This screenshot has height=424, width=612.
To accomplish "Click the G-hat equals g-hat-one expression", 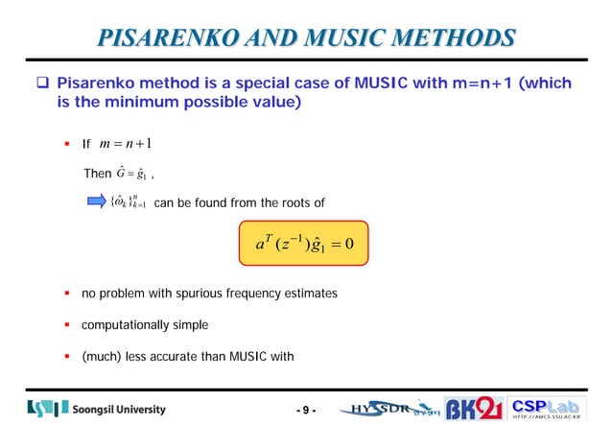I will point(131,174).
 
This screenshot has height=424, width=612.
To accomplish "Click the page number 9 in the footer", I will point(306,411).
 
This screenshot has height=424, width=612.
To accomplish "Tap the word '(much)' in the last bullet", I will point(101,357).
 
